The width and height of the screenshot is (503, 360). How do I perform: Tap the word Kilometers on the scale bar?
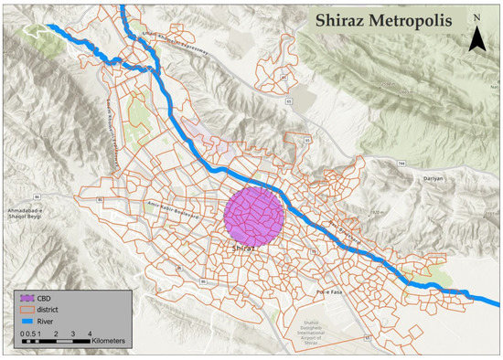[106, 341]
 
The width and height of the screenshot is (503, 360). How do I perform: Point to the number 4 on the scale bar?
[89, 335]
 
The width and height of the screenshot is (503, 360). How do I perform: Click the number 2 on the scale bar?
[57, 335]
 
